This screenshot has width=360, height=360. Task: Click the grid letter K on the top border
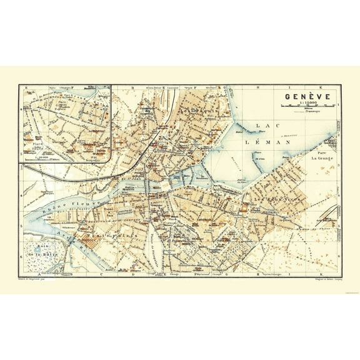click(319, 87)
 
